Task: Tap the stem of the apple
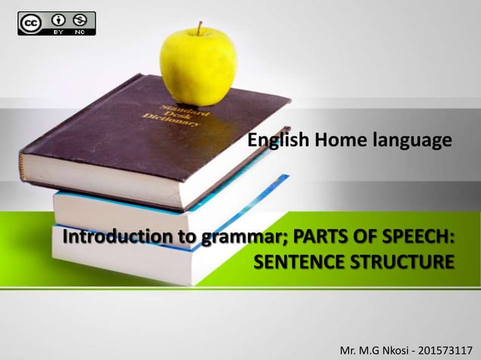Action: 200,28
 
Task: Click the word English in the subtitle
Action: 276,140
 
